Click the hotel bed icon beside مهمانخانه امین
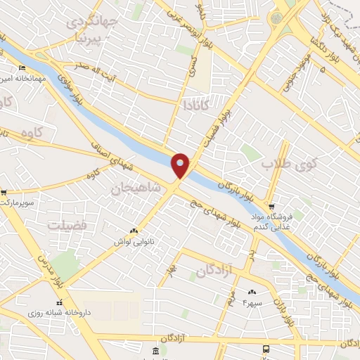click(21, 68)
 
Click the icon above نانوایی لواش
click(134, 230)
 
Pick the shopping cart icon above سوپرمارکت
click(4, 192)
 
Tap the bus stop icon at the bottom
click(265, 349)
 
